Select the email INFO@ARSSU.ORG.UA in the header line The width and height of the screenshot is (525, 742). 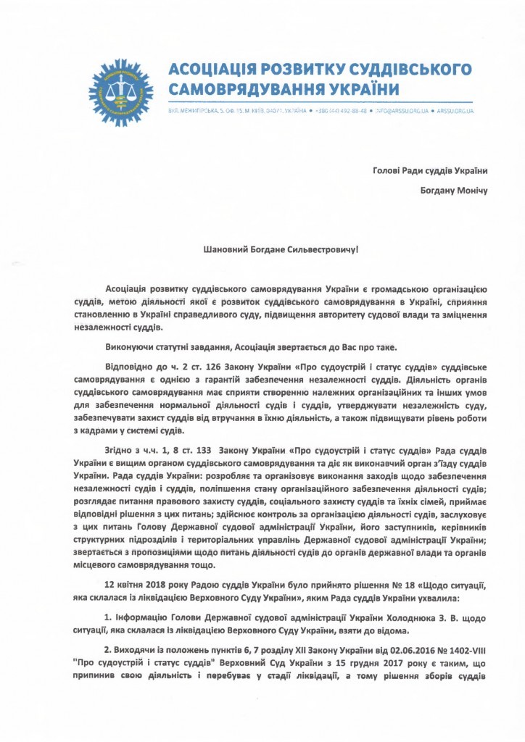click(401, 112)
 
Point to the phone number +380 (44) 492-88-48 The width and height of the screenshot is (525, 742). click(343, 112)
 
